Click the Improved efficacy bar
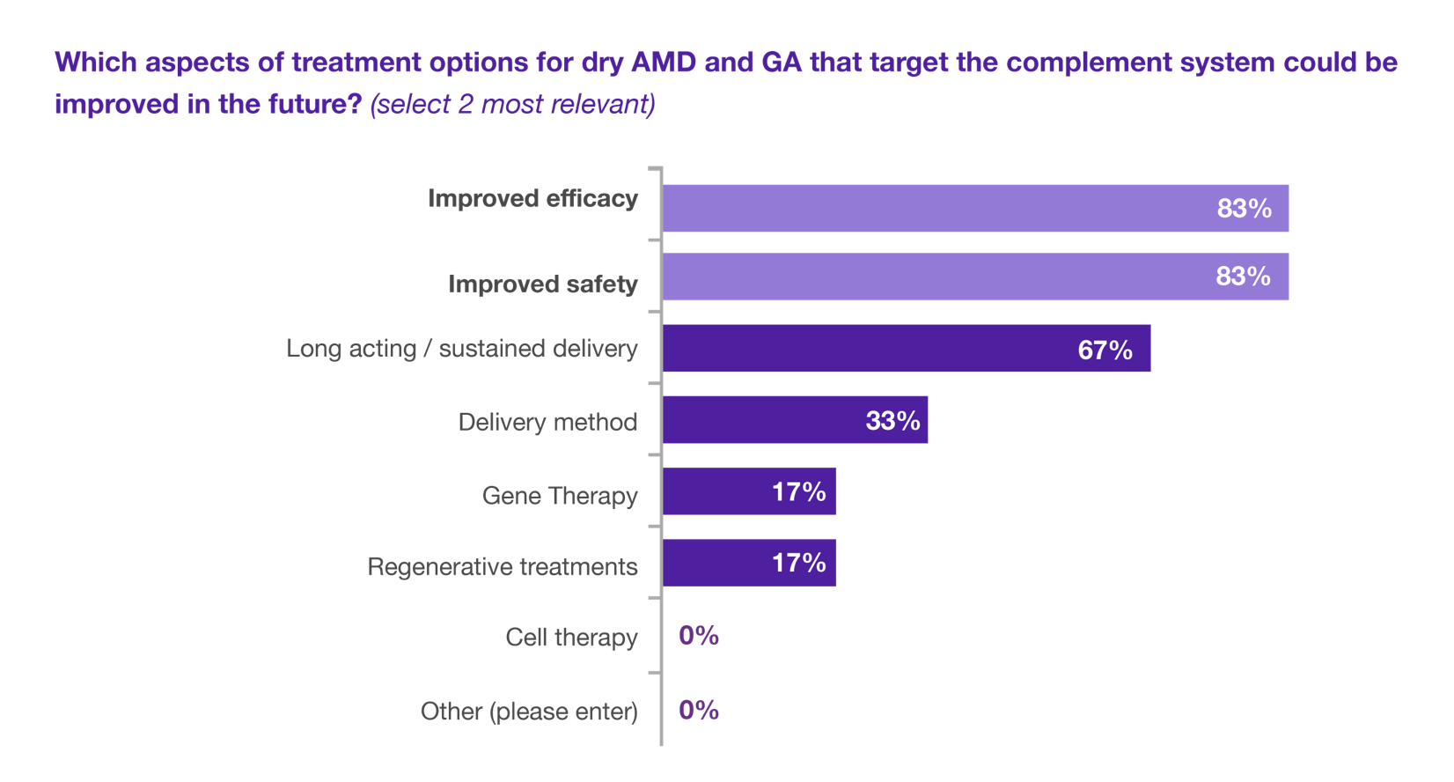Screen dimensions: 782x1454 click(x=975, y=209)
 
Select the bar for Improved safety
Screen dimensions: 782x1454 click(x=975, y=277)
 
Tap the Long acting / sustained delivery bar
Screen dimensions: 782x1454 click(x=907, y=349)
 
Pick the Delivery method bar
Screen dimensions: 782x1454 click(x=795, y=420)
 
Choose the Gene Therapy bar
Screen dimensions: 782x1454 click(x=749, y=491)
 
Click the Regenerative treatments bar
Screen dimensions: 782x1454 click(x=749, y=563)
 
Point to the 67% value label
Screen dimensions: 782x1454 click(x=1105, y=350)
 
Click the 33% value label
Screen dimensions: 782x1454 click(x=892, y=421)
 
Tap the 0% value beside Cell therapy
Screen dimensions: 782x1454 click(x=699, y=636)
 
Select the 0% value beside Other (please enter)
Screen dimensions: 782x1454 click(x=699, y=710)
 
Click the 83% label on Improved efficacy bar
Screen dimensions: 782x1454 click(x=1244, y=209)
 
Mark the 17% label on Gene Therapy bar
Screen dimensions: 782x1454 click(x=798, y=491)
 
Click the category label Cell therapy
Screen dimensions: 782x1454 click(x=571, y=638)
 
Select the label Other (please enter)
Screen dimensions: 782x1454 click(x=529, y=712)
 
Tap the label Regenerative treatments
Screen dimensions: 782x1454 click(x=502, y=566)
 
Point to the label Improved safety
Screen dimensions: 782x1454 click(x=542, y=284)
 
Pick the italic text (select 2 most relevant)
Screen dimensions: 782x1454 click(x=513, y=104)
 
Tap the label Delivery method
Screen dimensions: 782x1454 click(x=547, y=423)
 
